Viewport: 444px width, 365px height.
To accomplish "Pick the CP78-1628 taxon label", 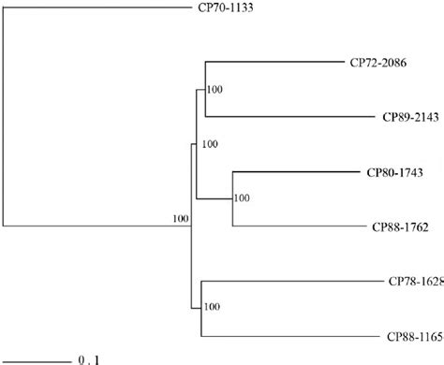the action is (415, 281).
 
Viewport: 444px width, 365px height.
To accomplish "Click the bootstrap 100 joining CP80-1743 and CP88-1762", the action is (242, 198).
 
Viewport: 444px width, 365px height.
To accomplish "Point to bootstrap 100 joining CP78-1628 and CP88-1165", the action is (213, 306).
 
